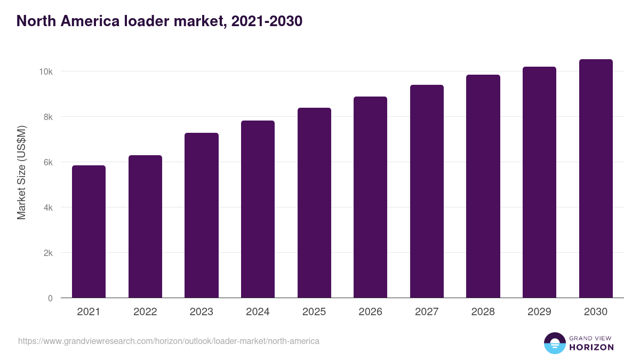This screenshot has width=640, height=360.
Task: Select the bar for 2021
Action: (89, 231)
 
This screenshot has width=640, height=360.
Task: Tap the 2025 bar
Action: (314, 203)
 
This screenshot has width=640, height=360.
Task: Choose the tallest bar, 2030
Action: (596, 178)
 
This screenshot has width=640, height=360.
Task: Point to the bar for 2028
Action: (483, 186)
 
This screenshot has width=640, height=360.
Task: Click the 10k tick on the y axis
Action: (45, 71)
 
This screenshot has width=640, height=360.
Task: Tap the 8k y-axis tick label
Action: (47, 117)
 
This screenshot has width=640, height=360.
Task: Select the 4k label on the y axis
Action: (47, 207)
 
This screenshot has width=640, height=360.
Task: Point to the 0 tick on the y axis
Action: (50, 298)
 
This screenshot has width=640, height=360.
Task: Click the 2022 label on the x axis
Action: (145, 312)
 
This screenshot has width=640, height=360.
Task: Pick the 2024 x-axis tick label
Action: (258, 312)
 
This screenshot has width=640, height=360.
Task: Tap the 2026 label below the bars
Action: (370, 312)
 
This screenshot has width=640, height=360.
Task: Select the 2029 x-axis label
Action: (539, 312)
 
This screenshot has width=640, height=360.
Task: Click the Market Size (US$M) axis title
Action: (21, 172)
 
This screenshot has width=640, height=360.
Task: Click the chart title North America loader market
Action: (159, 21)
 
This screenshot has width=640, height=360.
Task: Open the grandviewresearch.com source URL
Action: (169, 341)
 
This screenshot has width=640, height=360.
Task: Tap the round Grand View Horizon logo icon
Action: (554, 343)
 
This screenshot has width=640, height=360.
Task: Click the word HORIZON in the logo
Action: (591, 347)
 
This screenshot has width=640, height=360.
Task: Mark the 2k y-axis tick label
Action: (47, 253)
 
